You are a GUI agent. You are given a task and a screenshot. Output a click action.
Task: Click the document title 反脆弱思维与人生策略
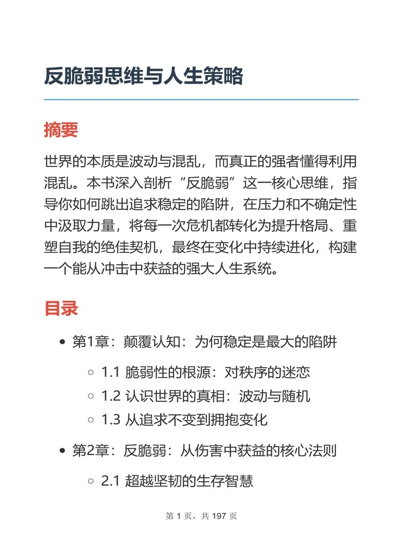(x=143, y=76)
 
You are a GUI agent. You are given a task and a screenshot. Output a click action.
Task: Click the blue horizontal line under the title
(x=201, y=99)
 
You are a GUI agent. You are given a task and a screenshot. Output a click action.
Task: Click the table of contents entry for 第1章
(x=204, y=342)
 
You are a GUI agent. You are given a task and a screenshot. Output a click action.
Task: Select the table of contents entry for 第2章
(x=204, y=451)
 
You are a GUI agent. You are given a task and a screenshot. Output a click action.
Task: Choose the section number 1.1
(x=111, y=372)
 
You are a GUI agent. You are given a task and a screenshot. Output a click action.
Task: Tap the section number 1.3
(x=111, y=420)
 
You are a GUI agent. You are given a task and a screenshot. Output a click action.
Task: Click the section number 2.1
(x=111, y=481)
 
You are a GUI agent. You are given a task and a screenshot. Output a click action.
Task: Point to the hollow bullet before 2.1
(x=91, y=481)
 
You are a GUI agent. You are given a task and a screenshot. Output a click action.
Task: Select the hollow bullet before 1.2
(x=91, y=396)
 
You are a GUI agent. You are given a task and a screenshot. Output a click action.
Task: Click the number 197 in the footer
(x=220, y=516)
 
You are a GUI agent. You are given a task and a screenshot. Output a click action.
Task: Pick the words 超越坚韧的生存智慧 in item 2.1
(x=189, y=481)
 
